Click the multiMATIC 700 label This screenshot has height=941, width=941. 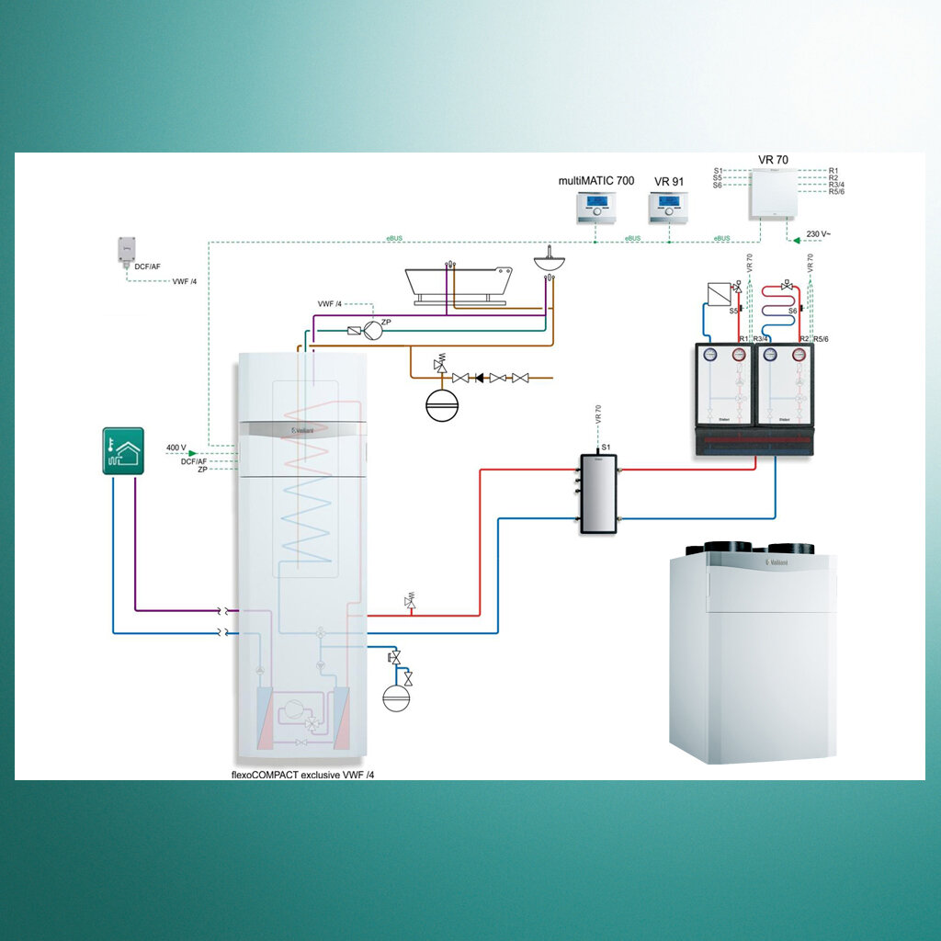click(x=595, y=181)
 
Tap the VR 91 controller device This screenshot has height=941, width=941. click(x=668, y=209)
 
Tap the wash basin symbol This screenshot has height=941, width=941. click(x=551, y=261)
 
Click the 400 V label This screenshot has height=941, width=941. click(x=176, y=448)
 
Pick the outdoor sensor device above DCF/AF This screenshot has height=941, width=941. click(x=126, y=249)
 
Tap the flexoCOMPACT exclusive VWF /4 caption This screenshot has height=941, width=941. click(x=302, y=775)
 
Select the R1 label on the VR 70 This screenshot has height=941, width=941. click(x=833, y=170)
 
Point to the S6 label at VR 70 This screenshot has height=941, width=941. click(x=717, y=186)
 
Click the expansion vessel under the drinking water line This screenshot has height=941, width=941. click(x=439, y=406)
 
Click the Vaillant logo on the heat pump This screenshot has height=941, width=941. click(x=303, y=430)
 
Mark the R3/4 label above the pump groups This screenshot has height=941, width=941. click(x=759, y=339)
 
